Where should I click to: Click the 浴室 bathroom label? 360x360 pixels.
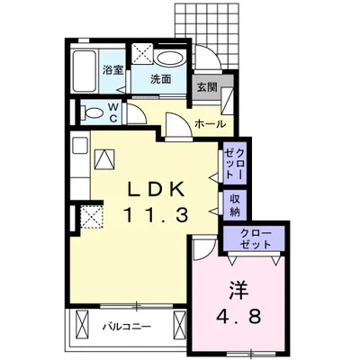click(113, 70)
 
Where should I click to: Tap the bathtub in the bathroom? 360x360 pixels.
click(85, 71)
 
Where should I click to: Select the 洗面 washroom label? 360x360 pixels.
click(161, 79)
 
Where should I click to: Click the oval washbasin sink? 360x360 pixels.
click(170, 58)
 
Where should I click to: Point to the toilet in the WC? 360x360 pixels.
click(92, 113)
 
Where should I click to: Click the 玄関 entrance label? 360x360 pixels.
click(207, 87)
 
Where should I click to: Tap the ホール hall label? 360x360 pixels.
click(210, 123)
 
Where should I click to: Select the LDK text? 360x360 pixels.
click(156, 190)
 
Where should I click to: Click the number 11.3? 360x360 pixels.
click(156, 215)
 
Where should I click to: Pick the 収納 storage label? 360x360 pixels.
click(236, 205)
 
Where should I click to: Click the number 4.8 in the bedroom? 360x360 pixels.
click(238, 315)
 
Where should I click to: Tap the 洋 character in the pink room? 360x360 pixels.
click(239, 290)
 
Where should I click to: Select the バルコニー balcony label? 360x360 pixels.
click(126, 326)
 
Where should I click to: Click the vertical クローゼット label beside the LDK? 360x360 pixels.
click(235, 164)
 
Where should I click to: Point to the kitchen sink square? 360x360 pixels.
click(80, 146)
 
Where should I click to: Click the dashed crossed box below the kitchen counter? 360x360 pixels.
click(92, 217)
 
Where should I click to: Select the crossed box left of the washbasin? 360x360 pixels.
click(143, 53)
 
